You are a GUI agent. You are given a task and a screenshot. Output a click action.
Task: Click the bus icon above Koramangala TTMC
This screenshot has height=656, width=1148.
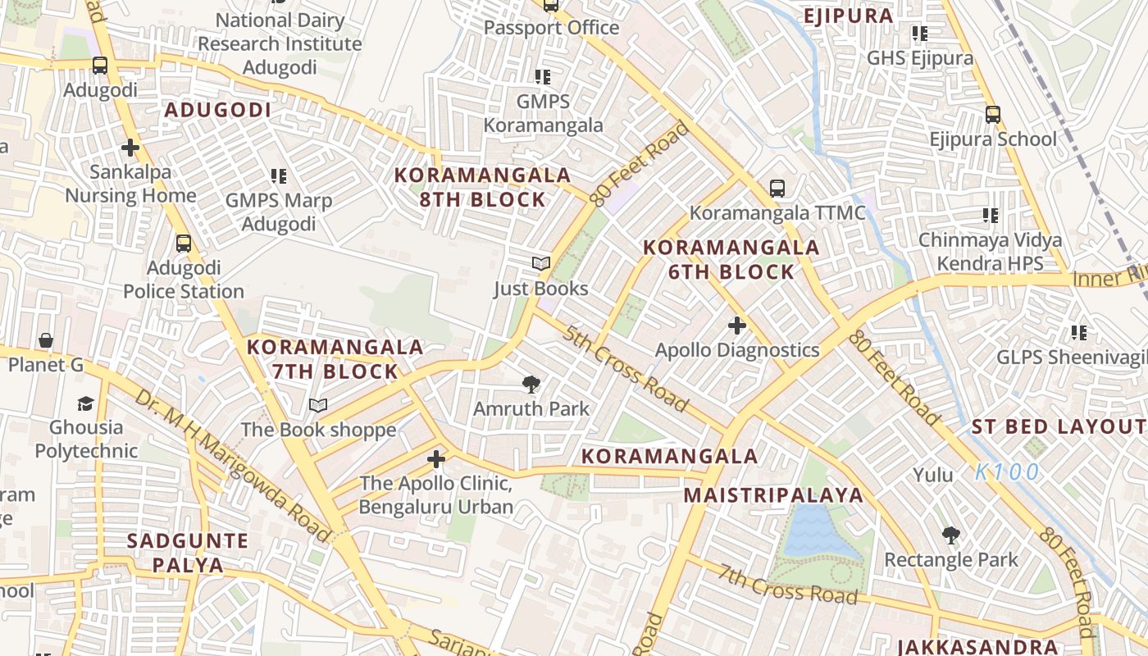(777, 189)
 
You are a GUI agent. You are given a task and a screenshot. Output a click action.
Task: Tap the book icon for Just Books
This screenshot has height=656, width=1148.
(540, 264)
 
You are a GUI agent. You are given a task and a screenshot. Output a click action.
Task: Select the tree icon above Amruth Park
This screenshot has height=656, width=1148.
(531, 384)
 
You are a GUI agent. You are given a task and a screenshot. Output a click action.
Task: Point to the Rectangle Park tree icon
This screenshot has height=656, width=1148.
(950, 535)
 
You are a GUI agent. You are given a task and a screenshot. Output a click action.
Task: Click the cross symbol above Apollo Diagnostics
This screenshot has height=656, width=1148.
(737, 326)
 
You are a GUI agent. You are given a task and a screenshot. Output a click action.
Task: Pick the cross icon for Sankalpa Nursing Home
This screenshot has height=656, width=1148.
(130, 148)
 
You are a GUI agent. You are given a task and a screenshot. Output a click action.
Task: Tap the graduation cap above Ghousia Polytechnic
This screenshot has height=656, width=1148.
(85, 403)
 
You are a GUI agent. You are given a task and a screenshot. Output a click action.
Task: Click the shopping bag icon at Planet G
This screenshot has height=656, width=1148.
(46, 340)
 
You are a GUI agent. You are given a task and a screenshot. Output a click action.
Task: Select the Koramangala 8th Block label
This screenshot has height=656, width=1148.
(482, 187)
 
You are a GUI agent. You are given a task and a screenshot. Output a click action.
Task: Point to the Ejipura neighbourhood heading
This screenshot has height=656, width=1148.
(848, 16)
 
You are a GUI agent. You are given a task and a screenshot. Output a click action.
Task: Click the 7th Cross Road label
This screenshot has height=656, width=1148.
(787, 583)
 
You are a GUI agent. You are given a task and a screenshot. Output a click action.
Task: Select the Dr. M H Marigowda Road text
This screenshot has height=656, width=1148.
(232, 464)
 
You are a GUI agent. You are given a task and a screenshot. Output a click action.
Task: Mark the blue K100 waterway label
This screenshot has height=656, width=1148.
(1007, 472)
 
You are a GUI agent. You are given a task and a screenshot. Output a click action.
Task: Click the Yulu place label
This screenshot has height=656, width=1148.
(933, 475)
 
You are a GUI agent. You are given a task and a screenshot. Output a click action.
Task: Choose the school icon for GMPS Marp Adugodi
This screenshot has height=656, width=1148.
(278, 176)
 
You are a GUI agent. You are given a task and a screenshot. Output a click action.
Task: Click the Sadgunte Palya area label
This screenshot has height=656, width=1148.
(188, 553)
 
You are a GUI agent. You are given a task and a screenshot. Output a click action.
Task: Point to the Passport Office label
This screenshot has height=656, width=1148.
(551, 27)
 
